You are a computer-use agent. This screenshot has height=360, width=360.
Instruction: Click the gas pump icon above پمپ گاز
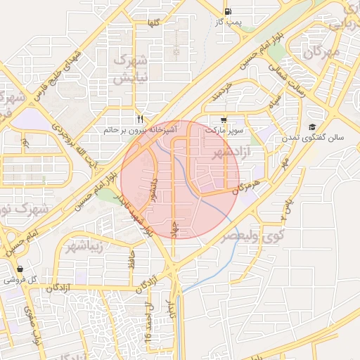[x=228, y=11]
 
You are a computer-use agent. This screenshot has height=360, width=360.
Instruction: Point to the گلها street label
[x=153, y=23]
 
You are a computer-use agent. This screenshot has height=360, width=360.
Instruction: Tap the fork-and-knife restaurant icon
[x=141, y=119]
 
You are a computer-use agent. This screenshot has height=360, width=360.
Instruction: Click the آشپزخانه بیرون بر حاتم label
[x=141, y=131]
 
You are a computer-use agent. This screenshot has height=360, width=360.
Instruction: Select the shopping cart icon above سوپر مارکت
[x=223, y=120]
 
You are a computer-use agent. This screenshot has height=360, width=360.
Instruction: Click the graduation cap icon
[x=311, y=127]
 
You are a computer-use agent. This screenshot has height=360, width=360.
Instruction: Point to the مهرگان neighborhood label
[x=325, y=52]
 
